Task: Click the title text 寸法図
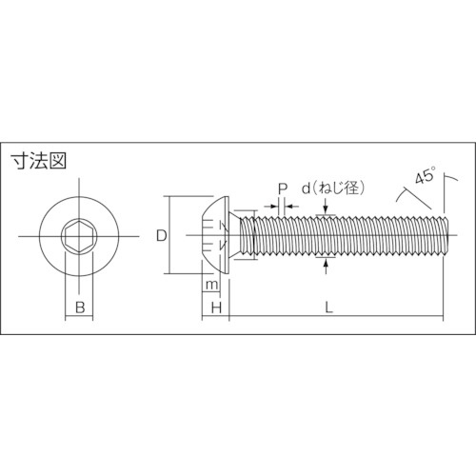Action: (x=37, y=159)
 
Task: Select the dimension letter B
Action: (x=81, y=307)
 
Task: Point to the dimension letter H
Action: (x=216, y=307)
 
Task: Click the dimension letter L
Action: (x=327, y=307)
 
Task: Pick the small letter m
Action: (x=211, y=286)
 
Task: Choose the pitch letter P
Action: (x=283, y=188)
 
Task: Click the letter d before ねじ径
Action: (x=306, y=188)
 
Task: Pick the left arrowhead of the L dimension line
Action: (x=233, y=316)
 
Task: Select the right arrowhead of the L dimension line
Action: (x=440, y=316)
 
